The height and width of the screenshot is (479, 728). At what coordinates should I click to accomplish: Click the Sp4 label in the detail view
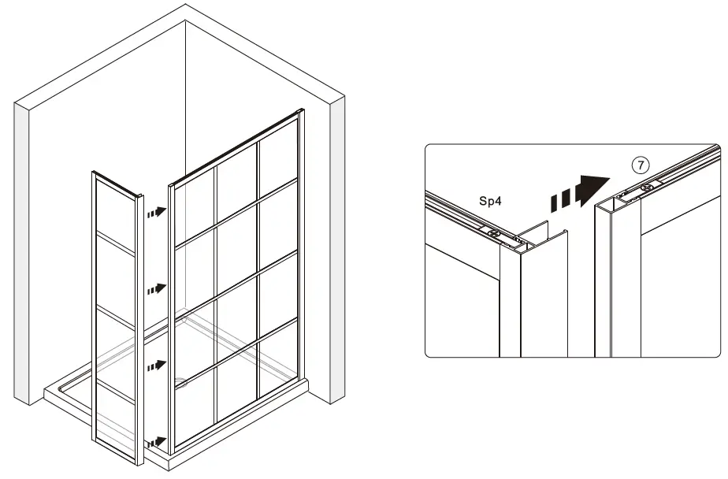pos(492,201)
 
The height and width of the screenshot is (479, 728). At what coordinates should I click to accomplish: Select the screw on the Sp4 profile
pos(493,233)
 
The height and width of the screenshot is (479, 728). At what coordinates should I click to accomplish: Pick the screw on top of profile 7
pos(645,188)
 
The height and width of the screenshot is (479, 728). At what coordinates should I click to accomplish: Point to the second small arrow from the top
pos(160,289)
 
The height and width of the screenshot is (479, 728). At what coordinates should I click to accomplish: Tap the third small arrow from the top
pos(160,365)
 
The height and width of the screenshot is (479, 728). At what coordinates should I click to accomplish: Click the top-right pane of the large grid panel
pos(277,158)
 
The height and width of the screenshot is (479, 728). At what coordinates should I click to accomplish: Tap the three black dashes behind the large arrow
pos(562,201)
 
